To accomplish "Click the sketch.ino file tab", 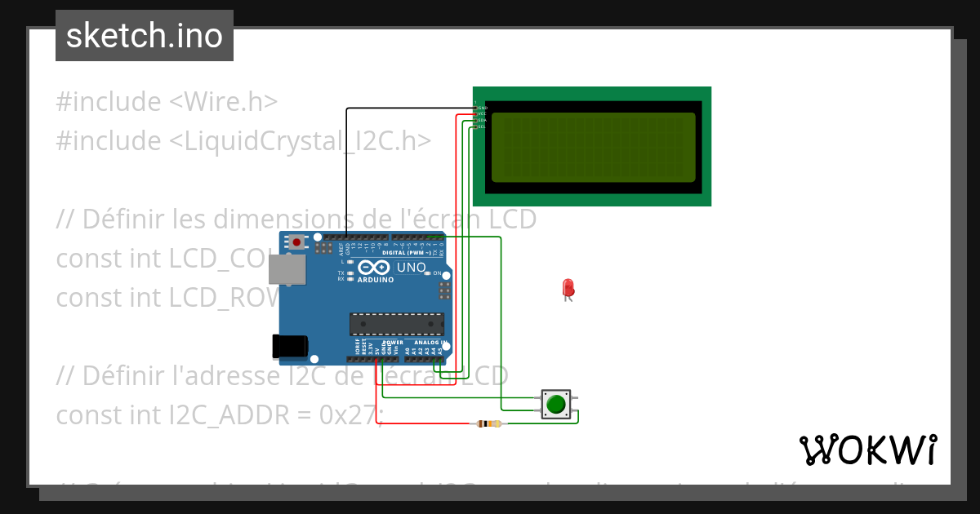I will click(144, 36).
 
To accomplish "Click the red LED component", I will click(568, 288).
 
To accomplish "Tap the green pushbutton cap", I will click(557, 404).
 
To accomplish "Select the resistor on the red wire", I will click(489, 423).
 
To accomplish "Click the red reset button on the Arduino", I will click(296, 242).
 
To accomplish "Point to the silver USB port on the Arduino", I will click(286, 269).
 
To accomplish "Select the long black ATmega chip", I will click(397, 324).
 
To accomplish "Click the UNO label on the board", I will click(411, 268).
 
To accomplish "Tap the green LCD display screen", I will click(593, 147).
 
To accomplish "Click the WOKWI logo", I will click(867, 450).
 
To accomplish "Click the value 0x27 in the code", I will click(347, 415).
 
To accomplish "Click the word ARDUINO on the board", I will click(375, 280).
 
